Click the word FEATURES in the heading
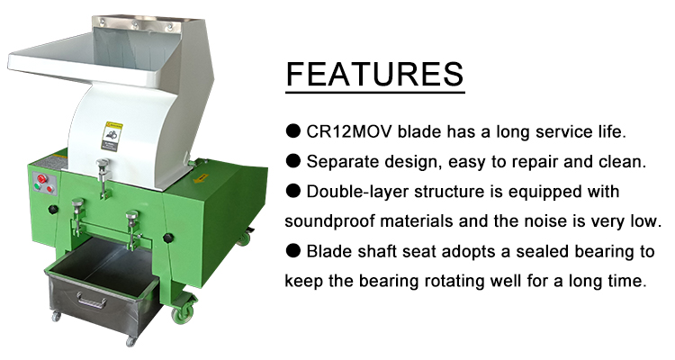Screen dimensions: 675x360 tap(374, 74)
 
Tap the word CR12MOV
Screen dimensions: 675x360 tap(349, 131)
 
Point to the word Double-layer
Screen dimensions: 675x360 tap(357, 192)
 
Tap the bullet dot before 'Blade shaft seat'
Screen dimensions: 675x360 tap(293, 251)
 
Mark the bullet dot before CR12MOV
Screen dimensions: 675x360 tap(293, 131)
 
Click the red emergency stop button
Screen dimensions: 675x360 tap(42, 179)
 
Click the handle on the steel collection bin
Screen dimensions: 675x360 tap(91, 300)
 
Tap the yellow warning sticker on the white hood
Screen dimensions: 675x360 tap(112, 137)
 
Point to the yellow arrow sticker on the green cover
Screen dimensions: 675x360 tap(201, 178)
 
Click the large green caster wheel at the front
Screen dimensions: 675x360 tap(180, 315)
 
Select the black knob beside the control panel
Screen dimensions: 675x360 tap(53, 210)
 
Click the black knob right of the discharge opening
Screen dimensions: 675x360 tap(168, 238)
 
